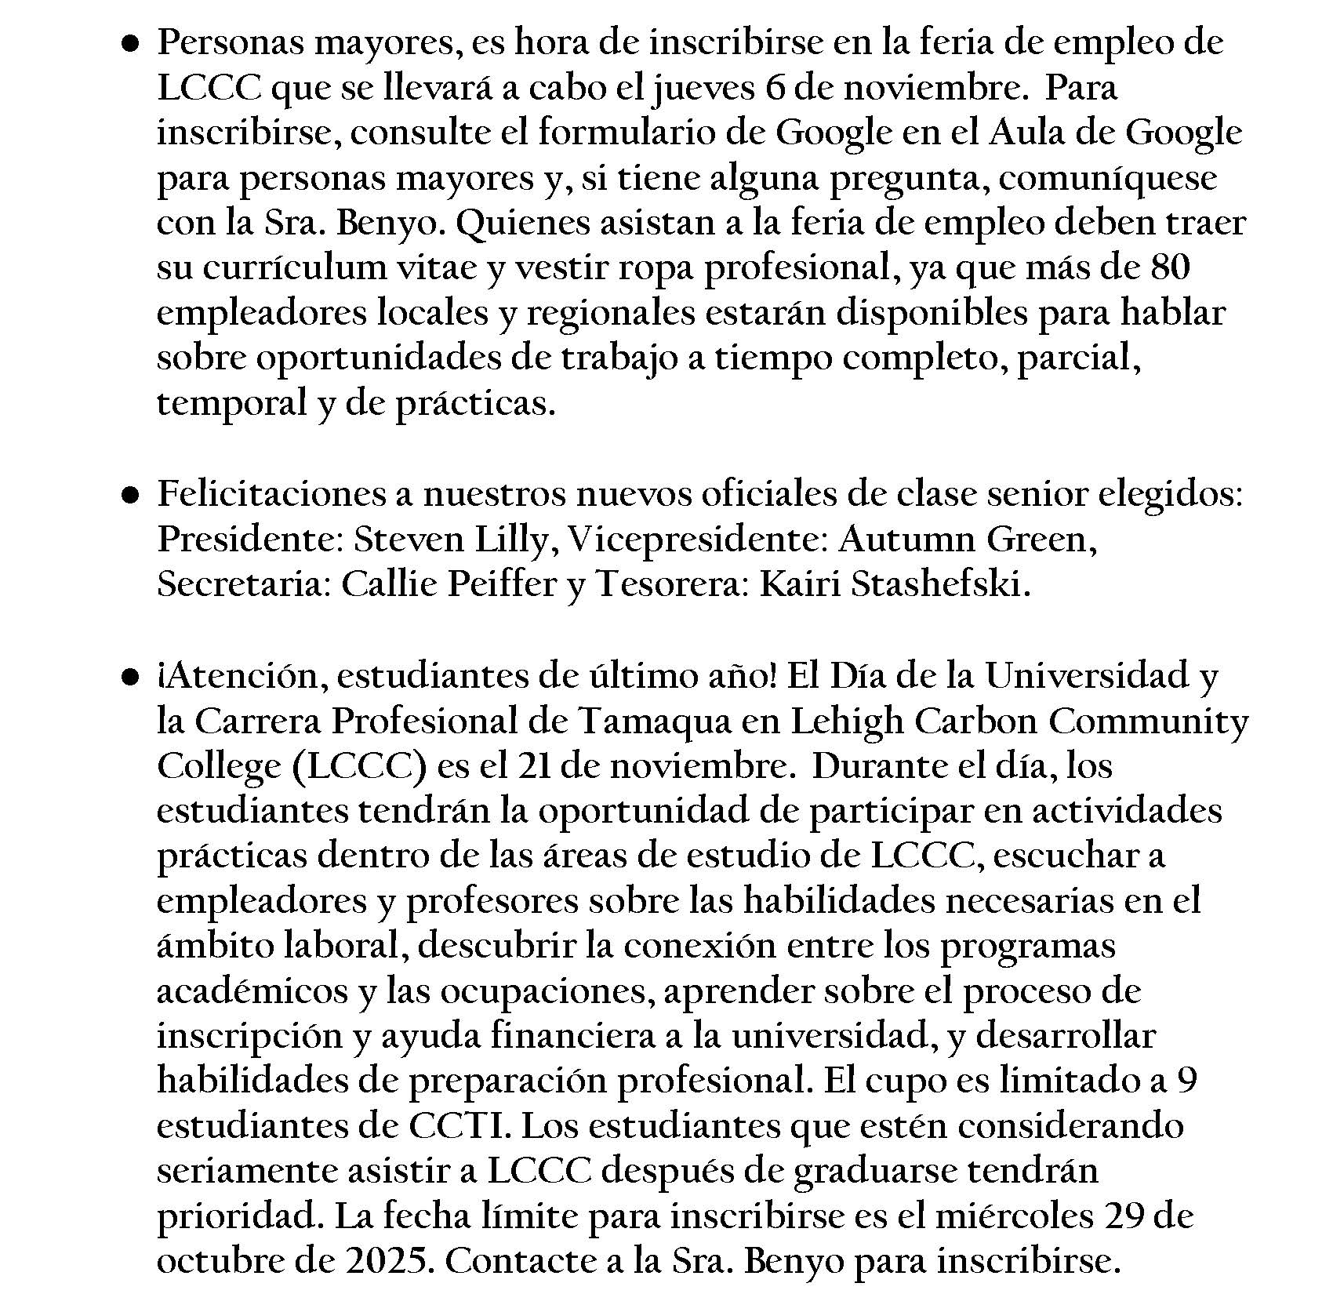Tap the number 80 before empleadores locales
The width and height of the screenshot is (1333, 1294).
click(1170, 267)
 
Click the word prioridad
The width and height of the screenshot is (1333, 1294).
click(241, 1216)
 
